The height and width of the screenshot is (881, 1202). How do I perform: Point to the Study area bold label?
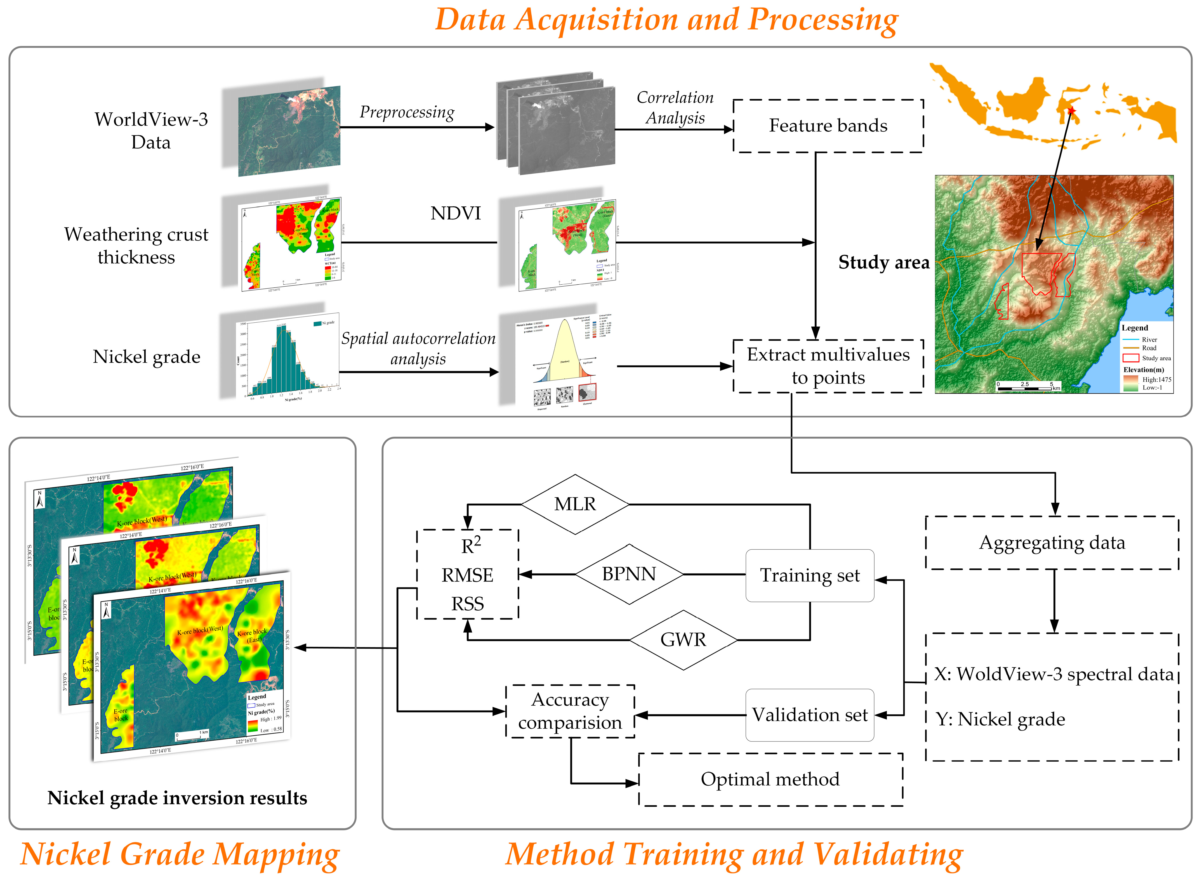pyautogui.click(x=884, y=262)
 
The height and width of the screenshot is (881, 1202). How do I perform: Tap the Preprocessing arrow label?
pyautogui.click(x=407, y=112)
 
